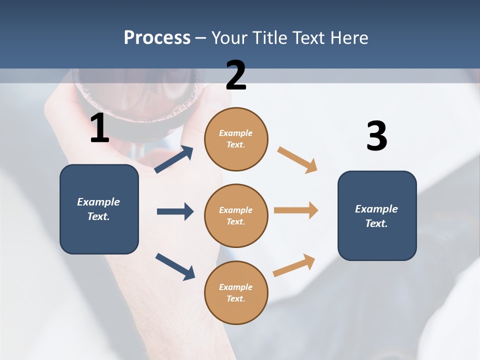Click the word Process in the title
157,38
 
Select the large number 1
99,128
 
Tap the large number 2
236,75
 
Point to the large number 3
376,136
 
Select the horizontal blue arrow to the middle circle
175,211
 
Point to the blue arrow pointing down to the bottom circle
175,266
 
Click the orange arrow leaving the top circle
297,160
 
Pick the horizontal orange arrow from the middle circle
296,210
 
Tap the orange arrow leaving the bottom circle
294,265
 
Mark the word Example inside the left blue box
98,202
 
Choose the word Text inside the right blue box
375,223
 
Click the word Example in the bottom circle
236,287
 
